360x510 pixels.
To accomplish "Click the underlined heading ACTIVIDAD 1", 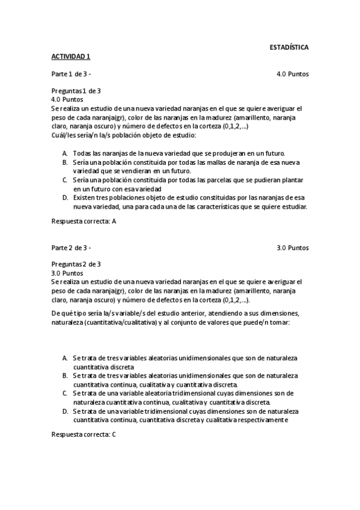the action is point(70,56).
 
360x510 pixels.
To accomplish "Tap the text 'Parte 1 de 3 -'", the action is point(71,74).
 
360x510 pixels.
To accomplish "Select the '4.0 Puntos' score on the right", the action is point(293,74).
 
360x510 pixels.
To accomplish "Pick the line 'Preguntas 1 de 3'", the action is point(76,91).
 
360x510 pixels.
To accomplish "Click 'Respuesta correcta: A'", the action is point(84,221).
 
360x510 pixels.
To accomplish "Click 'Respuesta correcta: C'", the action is point(84,434).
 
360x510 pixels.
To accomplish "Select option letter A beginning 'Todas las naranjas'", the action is point(65,153).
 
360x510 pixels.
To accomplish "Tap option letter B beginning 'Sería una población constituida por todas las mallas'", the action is point(65,162).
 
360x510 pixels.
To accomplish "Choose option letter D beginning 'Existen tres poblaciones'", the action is point(65,197).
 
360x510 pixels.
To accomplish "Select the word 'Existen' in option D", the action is point(85,197).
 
